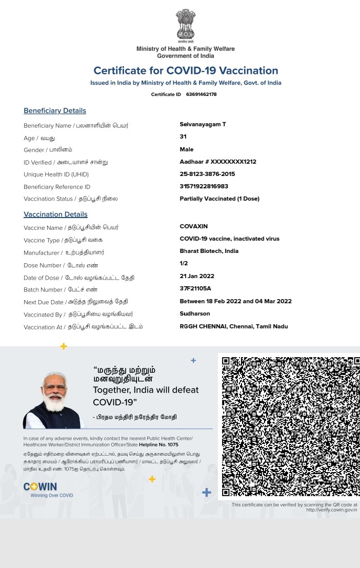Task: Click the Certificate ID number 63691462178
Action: (201, 94)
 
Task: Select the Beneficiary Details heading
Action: (55, 111)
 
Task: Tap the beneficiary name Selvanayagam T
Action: (203, 125)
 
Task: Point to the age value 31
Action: (183, 137)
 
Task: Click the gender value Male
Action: (187, 149)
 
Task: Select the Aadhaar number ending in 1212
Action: (218, 162)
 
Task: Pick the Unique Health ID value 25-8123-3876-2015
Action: (207, 174)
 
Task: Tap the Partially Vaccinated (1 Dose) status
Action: (219, 199)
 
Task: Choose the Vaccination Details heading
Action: (55, 214)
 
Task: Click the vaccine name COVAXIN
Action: (194, 226)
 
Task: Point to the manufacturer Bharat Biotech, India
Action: (209, 251)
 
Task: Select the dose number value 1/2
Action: (184, 263)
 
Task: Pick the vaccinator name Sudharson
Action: (195, 314)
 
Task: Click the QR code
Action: (289, 426)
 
